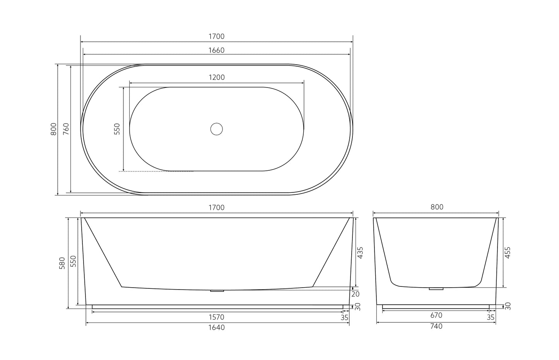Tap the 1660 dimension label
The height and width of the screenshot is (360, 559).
(216, 50)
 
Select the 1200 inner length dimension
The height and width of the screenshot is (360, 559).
(217, 77)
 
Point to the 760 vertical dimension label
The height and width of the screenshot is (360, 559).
(66, 129)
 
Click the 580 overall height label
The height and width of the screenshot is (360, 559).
(62, 263)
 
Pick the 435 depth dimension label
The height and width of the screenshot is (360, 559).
(360, 253)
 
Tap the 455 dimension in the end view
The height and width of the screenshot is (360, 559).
(508, 253)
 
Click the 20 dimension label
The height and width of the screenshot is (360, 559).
(356, 294)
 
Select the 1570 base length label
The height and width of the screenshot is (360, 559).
(216, 317)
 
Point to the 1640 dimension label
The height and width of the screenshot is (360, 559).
(217, 327)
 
